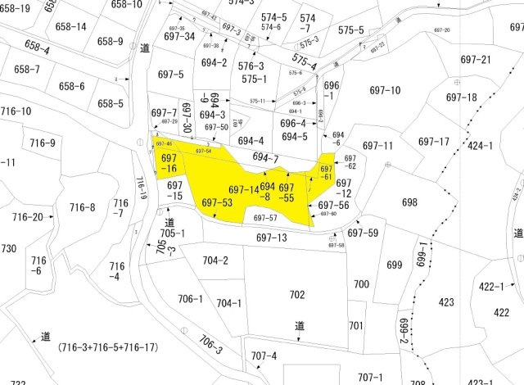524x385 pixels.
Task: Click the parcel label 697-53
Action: coord(217,202)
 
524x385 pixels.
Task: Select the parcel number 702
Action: coord(296,294)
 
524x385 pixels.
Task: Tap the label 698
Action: coord(410,202)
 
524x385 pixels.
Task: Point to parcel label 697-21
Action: coord(476,60)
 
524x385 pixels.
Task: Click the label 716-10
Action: coord(16,111)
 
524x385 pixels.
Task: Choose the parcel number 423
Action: coord(446,302)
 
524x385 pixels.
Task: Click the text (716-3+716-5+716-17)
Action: coord(107,347)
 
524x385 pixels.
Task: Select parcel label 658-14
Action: coord(71,26)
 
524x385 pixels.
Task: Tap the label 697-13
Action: coord(272,238)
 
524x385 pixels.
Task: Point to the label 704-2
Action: coord(215,260)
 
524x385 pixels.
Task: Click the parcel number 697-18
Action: coord(461,97)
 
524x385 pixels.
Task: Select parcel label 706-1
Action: coord(189,299)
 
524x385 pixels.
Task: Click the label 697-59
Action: coord(363,233)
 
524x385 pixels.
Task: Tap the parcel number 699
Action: coord(395,265)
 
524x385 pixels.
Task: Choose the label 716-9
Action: coord(42,143)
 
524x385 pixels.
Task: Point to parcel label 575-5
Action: coord(350,30)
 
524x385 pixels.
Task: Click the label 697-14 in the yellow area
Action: coord(243,190)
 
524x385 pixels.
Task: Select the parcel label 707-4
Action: coord(264,356)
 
